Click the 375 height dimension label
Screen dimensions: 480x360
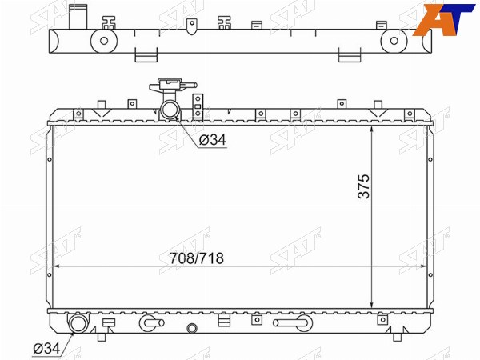click(364, 186)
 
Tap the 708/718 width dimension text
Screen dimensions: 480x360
click(197, 258)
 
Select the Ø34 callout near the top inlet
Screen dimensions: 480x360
click(213, 140)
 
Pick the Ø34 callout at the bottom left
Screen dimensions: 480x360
click(46, 348)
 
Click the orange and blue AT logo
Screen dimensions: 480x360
click(444, 19)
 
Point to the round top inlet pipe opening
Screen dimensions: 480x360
click(169, 110)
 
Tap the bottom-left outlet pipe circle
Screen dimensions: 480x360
click(78, 323)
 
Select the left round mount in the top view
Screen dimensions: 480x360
click(104, 41)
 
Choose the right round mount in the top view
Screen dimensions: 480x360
click(394, 41)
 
